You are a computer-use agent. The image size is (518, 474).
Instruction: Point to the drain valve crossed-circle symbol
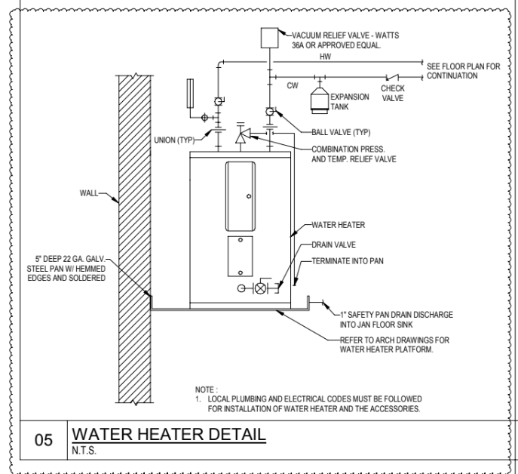point(263,288)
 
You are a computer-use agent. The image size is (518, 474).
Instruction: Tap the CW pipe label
point(293,85)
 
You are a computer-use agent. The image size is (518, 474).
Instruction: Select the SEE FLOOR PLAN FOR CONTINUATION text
point(463,71)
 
